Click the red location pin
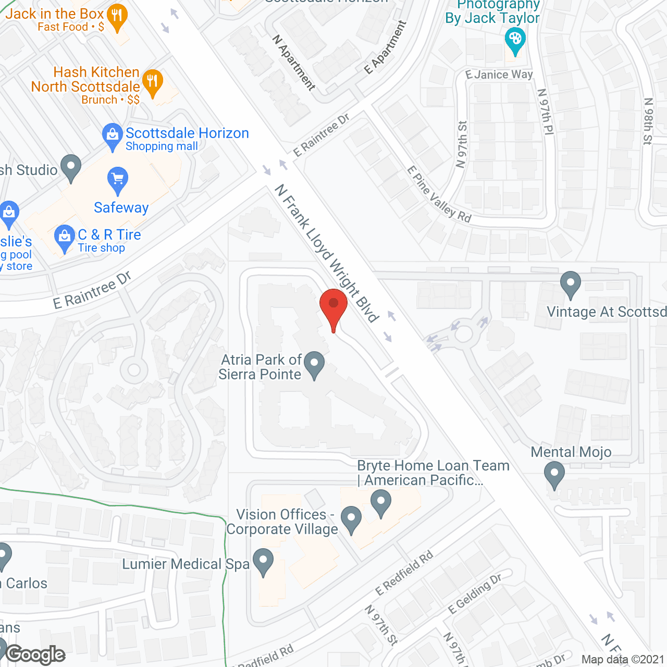click(333, 305)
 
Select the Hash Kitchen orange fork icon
click(153, 81)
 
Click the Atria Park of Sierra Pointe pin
click(314, 363)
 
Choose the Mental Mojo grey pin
click(554, 475)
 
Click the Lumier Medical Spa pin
click(263, 561)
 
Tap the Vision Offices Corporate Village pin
click(351, 518)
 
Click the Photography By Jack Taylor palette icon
click(515, 40)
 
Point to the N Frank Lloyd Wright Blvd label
click(326, 253)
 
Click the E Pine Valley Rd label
click(439, 195)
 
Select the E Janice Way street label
click(499, 75)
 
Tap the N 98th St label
click(648, 121)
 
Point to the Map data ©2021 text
click(623, 660)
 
